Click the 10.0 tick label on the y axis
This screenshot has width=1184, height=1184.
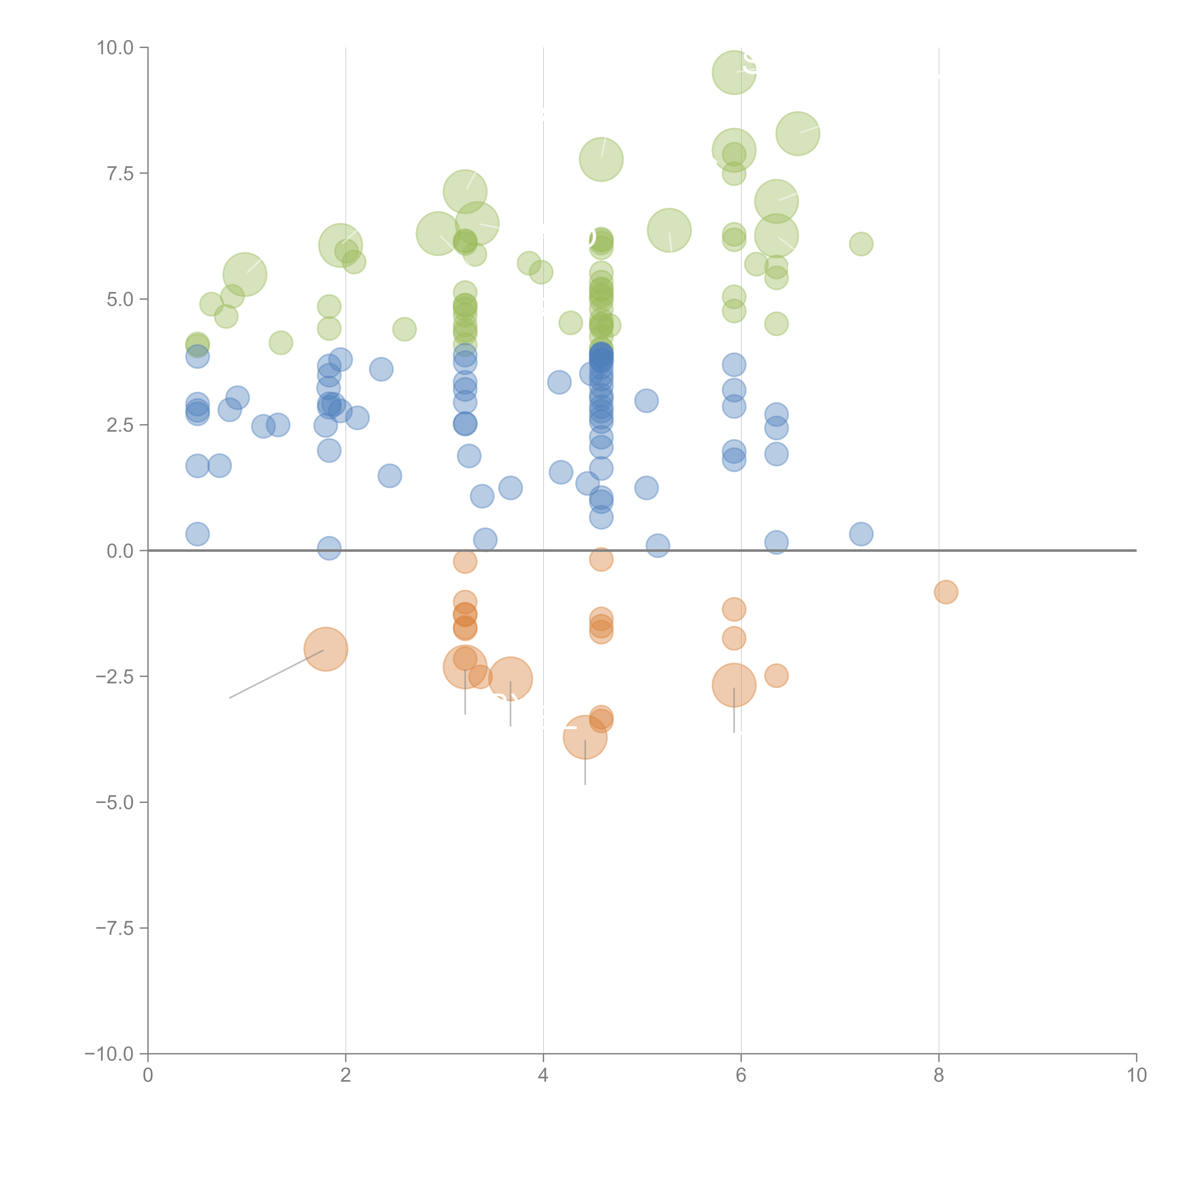pos(115,48)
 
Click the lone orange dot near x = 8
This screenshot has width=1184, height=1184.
pos(946,592)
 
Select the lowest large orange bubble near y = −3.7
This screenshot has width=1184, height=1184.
pos(585,737)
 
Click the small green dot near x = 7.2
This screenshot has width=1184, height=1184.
pos(861,244)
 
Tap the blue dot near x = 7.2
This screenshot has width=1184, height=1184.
pos(861,534)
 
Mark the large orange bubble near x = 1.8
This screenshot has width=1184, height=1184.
pos(325,649)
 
